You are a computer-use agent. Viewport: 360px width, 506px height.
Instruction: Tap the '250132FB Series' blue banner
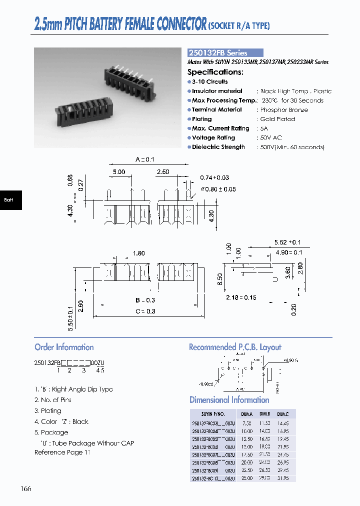224,52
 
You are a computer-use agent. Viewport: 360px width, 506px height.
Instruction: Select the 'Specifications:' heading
215,72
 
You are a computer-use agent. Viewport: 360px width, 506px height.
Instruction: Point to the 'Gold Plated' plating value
277,119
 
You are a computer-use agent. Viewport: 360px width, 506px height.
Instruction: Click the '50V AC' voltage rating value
271,137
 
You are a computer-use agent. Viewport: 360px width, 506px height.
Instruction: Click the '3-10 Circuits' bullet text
209,81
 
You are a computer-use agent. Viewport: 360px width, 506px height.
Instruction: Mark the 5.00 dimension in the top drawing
118,172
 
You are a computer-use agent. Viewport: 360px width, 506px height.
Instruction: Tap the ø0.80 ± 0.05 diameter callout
218,189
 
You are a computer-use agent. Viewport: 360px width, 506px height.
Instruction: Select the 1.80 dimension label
138,253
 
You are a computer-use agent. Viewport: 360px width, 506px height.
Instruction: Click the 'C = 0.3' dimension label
145,311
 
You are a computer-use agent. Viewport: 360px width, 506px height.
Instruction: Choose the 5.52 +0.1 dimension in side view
287,242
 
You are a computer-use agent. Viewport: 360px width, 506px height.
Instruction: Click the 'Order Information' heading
64,347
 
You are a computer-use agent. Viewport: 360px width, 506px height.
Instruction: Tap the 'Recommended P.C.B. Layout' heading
235,347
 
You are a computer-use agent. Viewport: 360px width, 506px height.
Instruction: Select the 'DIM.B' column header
264,414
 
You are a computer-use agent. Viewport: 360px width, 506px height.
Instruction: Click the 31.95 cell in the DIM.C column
283,478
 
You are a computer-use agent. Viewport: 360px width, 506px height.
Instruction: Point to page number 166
26,488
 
